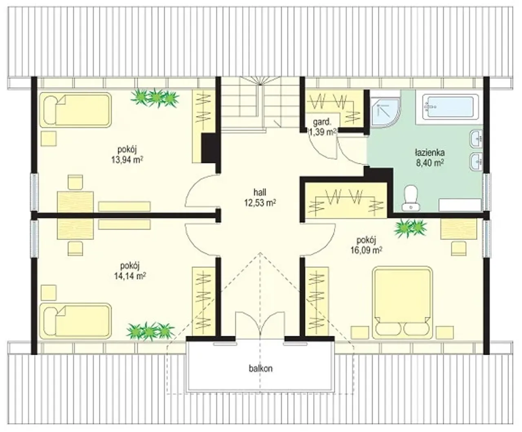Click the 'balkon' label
point(261,368)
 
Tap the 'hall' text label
point(260,193)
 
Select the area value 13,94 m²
point(127,160)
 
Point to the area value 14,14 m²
point(130,276)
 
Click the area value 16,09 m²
point(366,250)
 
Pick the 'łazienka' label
point(430,152)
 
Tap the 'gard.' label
point(322,122)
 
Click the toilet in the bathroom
point(411,198)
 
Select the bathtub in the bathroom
point(450,106)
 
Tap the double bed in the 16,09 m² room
point(402,302)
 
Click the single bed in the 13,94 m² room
point(75,110)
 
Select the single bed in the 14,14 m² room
point(75,321)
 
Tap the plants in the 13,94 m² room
point(155,98)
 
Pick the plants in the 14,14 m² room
point(150,331)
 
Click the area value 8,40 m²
point(430,163)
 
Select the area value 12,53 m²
point(260,202)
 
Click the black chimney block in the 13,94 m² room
point(210,148)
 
